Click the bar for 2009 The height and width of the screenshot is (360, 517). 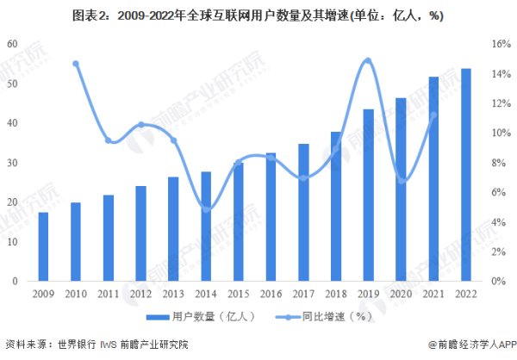pos(43,246)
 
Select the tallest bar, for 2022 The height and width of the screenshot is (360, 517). pos(466,175)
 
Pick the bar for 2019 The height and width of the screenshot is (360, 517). pos(368,196)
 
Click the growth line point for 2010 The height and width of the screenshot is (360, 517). pos(76,64)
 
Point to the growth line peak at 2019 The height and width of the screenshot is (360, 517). pos(368,60)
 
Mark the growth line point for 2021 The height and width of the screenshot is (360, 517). pos(433,115)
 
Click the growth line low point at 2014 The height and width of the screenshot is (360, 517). pos(206,208)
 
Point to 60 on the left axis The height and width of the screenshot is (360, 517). pos(13,44)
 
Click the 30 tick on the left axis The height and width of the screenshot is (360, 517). pos(13,163)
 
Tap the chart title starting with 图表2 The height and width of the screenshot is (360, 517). pos(258,16)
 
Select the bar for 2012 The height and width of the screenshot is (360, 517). pos(140,233)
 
